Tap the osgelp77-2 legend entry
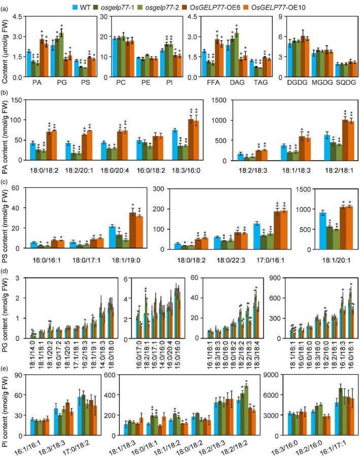[178, 6]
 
